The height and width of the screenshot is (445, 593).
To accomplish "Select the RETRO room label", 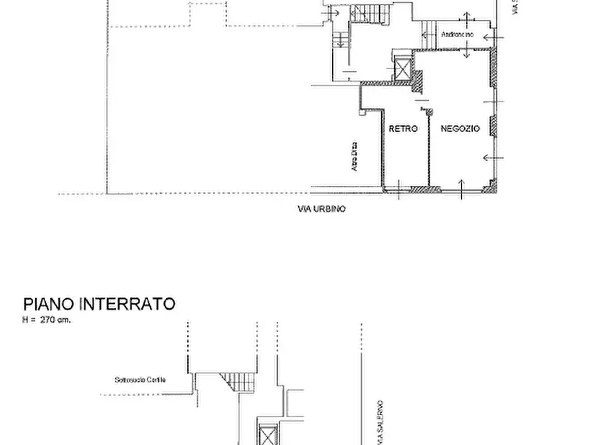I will (x=403, y=129).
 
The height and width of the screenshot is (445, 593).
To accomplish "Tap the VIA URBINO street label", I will (x=321, y=209).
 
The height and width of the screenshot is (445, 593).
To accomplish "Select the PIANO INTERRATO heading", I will (x=100, y=304).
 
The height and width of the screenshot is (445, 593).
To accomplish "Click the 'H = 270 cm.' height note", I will (x=46, y=319).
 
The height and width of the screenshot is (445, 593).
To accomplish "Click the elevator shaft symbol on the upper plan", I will (x=403, y=68).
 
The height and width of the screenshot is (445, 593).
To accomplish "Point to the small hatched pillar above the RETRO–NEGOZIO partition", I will (x=428, y=111).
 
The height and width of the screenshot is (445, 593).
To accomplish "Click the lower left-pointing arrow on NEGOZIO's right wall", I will (x=489, y=157).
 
